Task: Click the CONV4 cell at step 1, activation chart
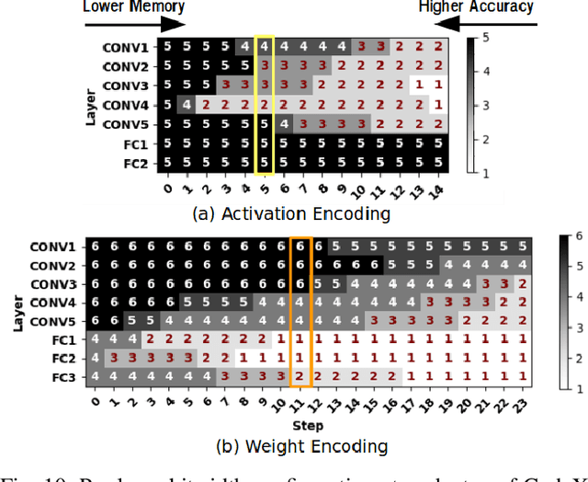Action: [x=187, y=105]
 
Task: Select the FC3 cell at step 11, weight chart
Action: [x=299, y=376]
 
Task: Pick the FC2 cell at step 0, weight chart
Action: [x=93, y=357]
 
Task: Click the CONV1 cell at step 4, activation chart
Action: [x=243, y=45]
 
